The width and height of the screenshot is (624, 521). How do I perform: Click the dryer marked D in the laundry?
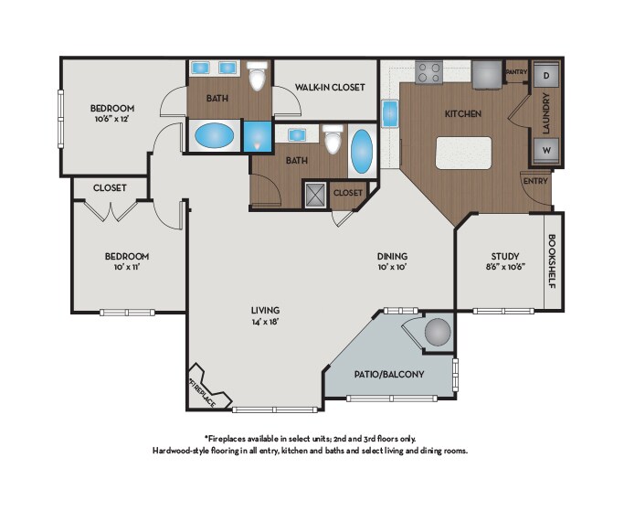(546, 75)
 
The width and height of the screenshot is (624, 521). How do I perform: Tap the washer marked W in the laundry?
(546, 151)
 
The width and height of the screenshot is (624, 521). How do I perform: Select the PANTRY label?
(516, 72)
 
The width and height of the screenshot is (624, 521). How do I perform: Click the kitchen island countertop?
(463, 153)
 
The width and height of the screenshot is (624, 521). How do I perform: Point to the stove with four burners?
(429, 72)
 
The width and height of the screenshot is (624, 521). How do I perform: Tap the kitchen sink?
(390, 113)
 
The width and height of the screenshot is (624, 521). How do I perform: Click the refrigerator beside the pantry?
(487, 75)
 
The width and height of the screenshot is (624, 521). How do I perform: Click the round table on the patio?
(438, 332)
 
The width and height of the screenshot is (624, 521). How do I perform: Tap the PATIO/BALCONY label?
(389, 374)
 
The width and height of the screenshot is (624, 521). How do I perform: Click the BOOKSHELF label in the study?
(553, 261)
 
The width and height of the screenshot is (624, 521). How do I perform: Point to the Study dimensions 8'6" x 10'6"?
(505, 267)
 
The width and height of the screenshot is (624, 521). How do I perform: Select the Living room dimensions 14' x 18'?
(265, 322)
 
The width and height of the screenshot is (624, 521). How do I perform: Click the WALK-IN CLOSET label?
(330, 87)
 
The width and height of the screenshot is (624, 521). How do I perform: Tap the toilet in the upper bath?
(257, 76)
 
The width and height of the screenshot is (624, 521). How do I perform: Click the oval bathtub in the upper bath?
(215, 135)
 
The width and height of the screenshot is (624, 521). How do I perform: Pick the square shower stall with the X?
(315, 195)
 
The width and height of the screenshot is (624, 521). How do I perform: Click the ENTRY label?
(535, 181)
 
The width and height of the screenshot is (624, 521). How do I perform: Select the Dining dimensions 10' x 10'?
(392, 267)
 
